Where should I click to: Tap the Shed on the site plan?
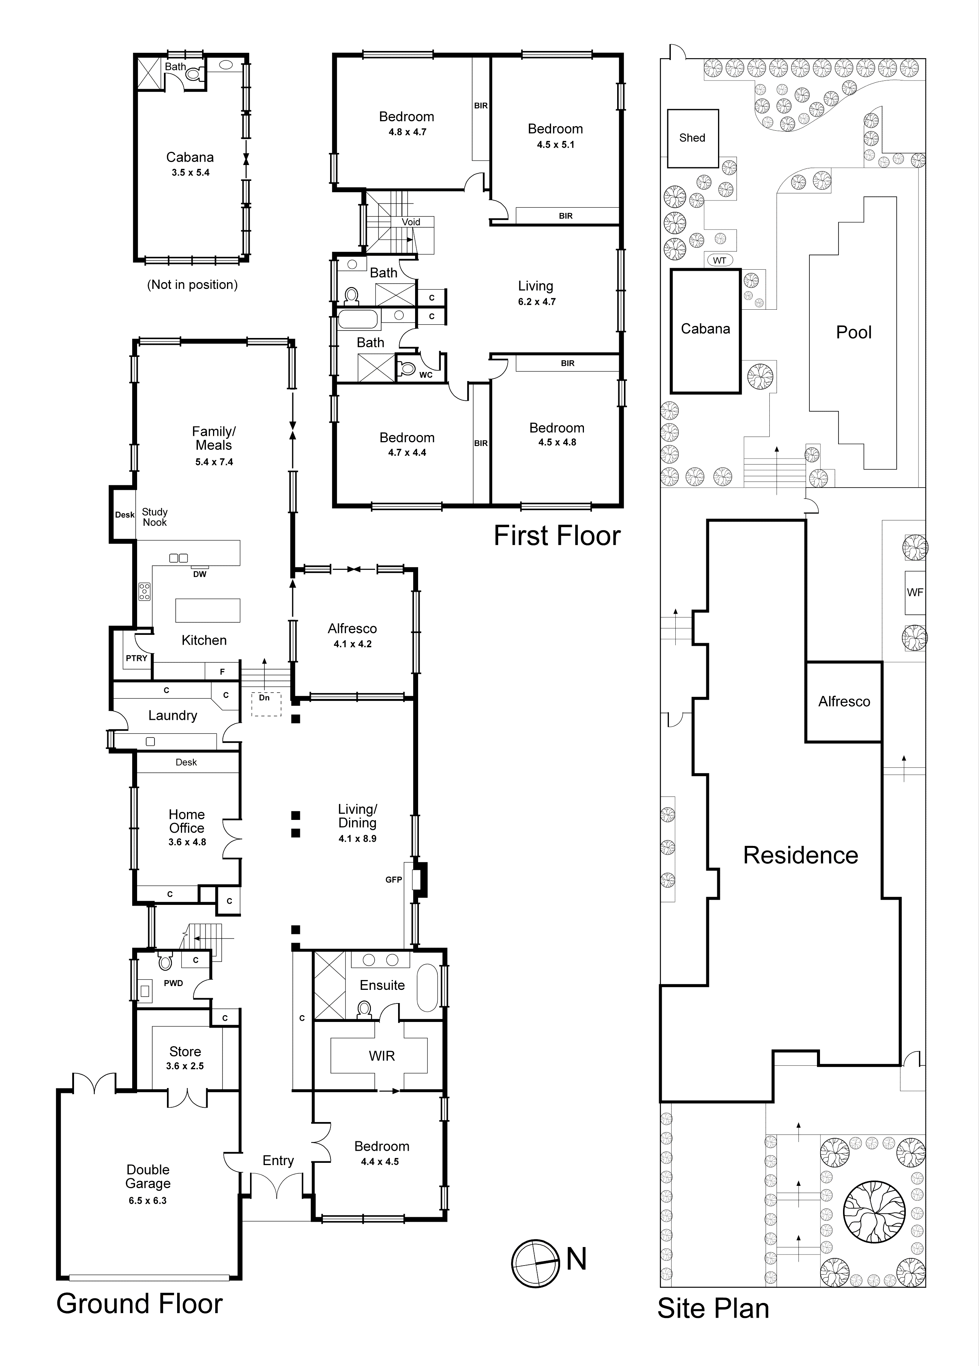[693, 138]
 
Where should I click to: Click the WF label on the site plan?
[914, 592]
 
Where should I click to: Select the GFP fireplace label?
[394, 879]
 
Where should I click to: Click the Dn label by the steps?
[264, 698]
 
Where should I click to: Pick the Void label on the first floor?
[411, 222]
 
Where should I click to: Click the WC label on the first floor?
[426, 375]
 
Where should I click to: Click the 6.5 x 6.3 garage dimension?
[148, 1212]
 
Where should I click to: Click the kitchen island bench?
[208, 610]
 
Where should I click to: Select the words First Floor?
[557, 536]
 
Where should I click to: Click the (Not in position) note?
[193, 284]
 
